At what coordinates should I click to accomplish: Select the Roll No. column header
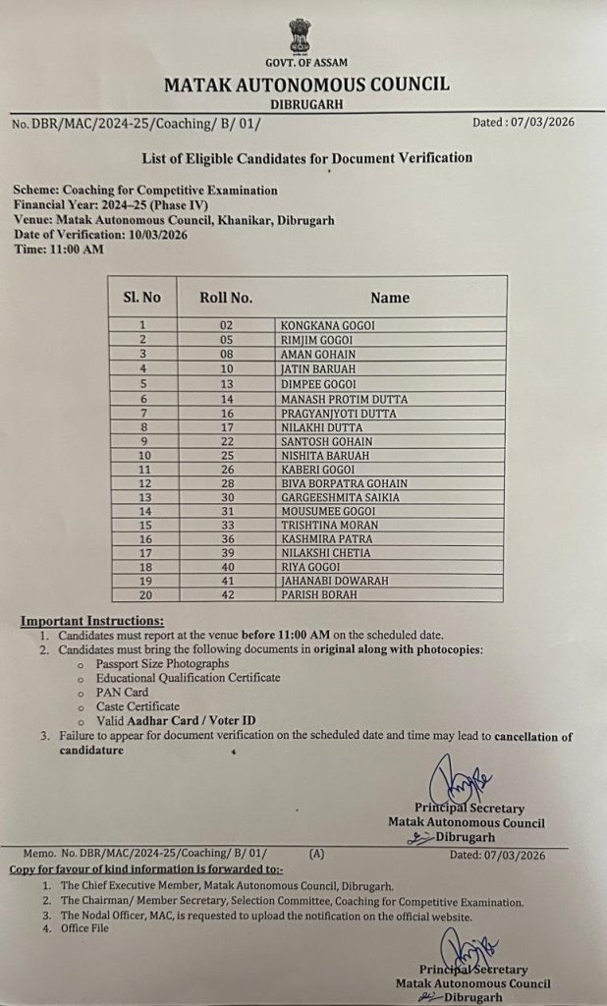click(226, 297)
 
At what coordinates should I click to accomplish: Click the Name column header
click(390, 297)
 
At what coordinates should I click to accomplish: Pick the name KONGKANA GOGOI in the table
click(328, 325)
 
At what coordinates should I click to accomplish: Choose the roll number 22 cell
click(226, 442)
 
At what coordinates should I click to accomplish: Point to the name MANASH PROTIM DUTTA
click(344, 399)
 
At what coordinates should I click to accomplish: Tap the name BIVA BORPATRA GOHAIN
click(344, 484)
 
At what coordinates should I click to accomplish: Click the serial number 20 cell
click(143, 594)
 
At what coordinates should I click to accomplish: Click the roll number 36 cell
click(226, 539)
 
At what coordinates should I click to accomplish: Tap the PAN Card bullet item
click(122, 692)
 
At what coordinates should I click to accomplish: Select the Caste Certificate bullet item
click(138, 706)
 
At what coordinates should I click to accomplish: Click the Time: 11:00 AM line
click(58, 250)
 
